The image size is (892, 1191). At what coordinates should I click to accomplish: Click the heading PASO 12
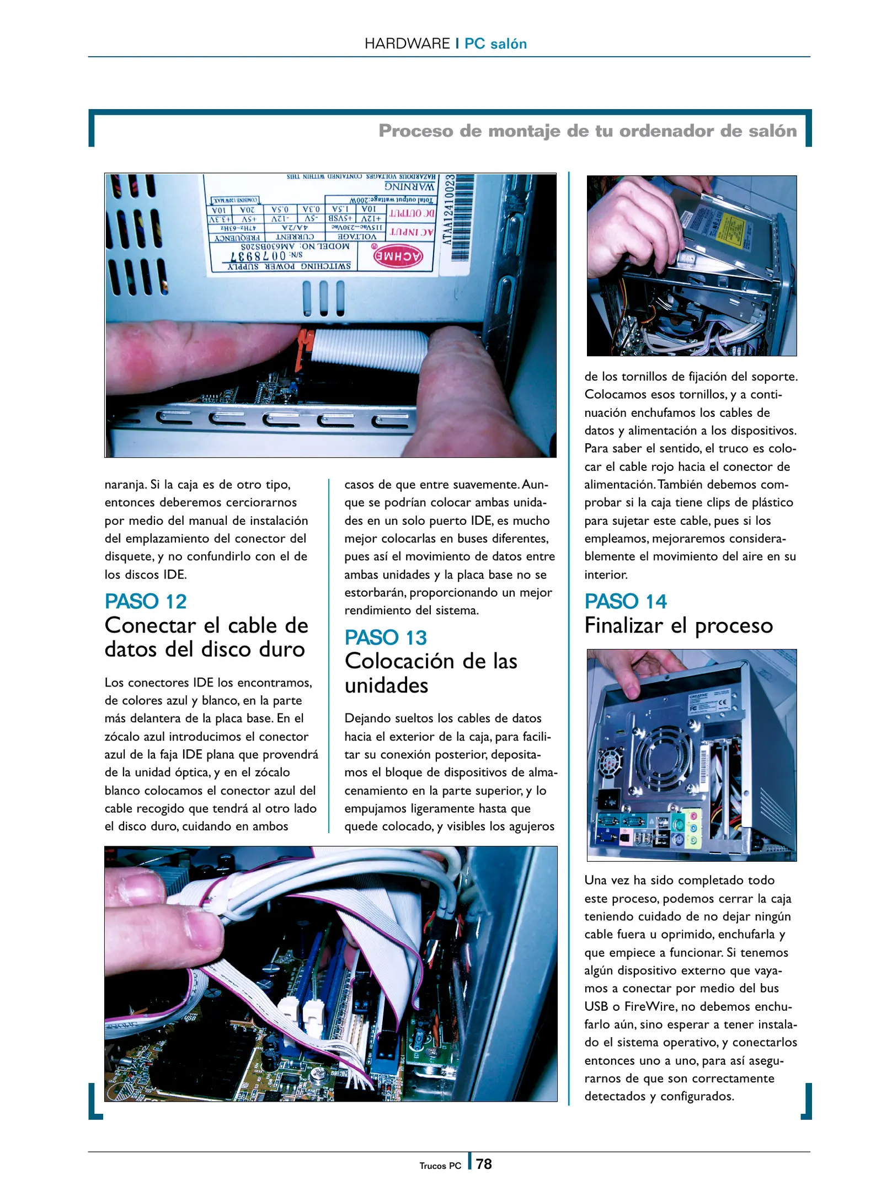[146, 601]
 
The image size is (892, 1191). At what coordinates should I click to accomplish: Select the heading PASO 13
[386, 637]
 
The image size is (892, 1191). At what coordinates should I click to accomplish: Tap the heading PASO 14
[626, 601]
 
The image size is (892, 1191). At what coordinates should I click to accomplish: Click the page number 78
[484, 1164]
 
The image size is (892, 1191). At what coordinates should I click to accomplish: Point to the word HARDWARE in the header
[407, 44]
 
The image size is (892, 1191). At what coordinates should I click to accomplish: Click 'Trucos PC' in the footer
[440, 1166]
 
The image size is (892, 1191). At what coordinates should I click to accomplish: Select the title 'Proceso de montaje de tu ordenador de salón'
[587, 131]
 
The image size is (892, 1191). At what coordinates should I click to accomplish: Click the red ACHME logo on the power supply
[398, 256]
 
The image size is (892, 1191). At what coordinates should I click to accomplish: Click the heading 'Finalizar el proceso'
[679, 625]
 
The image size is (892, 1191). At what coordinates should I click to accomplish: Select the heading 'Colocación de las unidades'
[431, 673]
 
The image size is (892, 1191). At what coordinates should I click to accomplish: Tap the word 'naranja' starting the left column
[125, 485]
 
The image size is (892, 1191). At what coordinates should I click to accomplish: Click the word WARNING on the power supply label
[409, 187]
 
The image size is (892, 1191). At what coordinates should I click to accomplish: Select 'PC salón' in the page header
[495, 44]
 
